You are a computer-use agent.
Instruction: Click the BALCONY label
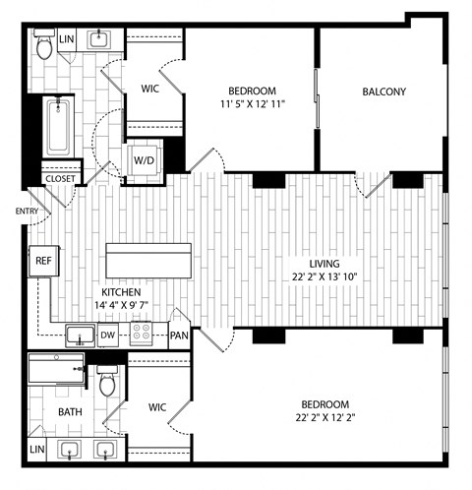(384, 92)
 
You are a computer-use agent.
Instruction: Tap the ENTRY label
(27, 212)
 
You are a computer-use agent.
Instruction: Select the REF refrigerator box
(44, 261)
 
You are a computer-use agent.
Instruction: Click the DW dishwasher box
(108, 335)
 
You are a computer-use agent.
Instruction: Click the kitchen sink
(81, 336)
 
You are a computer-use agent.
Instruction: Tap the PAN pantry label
(179, 336)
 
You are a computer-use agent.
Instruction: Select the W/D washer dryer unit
(145, 160)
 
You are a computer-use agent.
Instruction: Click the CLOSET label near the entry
(60, 179)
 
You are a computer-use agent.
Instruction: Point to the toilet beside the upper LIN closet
(44, 44)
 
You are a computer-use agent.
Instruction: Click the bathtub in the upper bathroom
(58, 127)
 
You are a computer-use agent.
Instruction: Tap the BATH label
(70, 412)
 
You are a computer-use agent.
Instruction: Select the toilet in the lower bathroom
(107, 381)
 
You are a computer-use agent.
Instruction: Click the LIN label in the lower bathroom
(36, 449)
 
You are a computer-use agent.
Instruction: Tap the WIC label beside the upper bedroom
(150, 89)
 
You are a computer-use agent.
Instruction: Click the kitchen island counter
(148, 261)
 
